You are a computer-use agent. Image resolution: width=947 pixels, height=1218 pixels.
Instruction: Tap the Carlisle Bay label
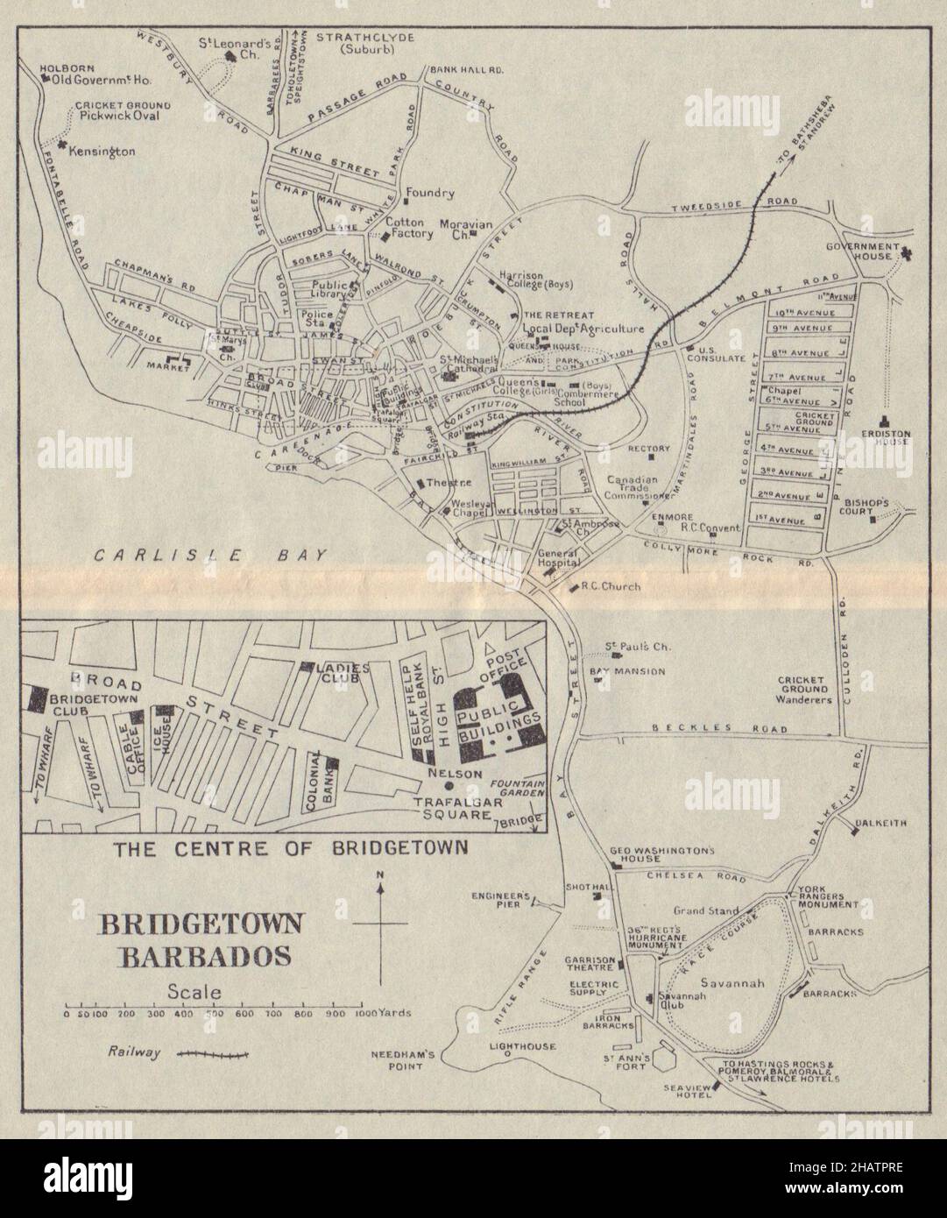coord(210,555)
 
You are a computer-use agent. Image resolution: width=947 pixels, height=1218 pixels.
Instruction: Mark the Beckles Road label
coord(721,729)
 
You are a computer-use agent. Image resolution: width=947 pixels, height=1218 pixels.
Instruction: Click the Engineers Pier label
coord(501,902)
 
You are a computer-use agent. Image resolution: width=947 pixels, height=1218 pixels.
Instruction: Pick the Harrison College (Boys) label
coord(534,280)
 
